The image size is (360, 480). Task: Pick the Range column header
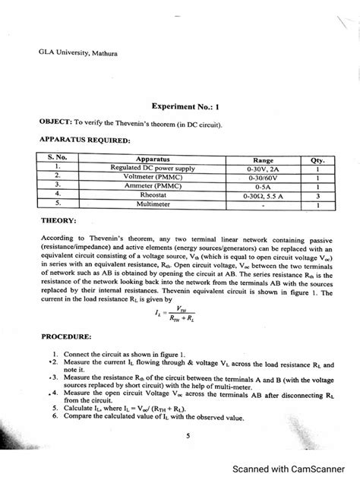click(x=264, y=160)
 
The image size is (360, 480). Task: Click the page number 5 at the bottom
click(x=187, y=435)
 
